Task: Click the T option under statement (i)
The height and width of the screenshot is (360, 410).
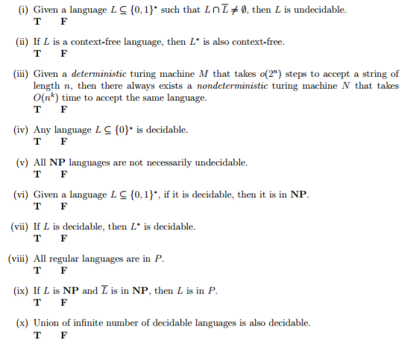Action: (x=38, y=22)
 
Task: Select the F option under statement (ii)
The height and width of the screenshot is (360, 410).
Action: (x=63, y=54)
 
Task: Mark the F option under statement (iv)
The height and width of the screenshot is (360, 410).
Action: (x=63, y=142)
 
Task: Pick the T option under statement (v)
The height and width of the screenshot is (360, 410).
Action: (x=38, y=174)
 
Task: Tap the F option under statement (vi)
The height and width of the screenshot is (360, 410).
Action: (x=63, y=206)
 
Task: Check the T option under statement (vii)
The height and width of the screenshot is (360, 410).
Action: (x=38, y=239)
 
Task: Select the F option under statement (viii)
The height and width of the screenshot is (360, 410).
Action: (x=63, y=271)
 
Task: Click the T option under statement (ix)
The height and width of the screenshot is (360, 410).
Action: (x=38, y=303)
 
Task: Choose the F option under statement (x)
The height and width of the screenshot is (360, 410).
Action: (x=63, y=335)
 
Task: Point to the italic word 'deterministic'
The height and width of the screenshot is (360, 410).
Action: (x=101, y=75)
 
